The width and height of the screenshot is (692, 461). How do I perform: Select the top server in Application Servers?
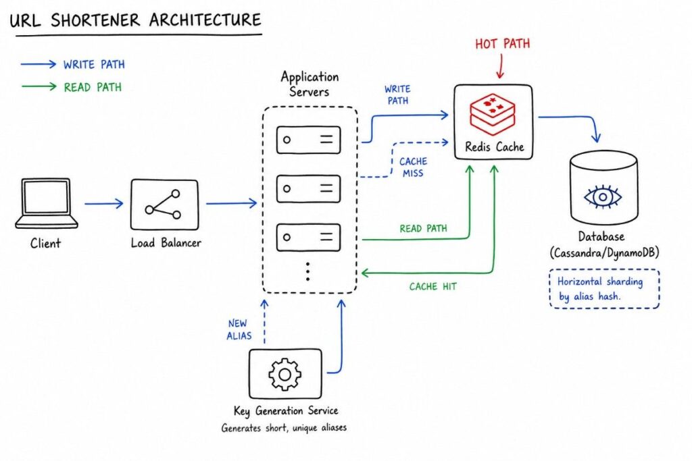click(x=308, y=140)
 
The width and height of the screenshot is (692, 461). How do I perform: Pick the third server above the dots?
click(x=308, y=238)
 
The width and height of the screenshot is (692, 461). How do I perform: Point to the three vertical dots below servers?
click(x=308, y=270)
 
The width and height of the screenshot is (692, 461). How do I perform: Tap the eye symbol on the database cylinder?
click(x=603, y=196)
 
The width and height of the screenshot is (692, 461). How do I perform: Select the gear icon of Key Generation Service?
click(x=285, y=373)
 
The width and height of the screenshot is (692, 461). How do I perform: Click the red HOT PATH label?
click(x=502, y=45)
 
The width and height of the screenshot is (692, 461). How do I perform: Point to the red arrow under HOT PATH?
click(x=501, y=67)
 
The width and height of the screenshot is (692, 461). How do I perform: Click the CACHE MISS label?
click(x=413, y=167)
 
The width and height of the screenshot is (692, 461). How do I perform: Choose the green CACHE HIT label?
click(x=432, y=287)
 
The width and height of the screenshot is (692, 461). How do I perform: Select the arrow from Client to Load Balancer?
click(x=104, y=203)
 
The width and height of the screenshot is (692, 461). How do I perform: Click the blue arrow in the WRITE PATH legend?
click(x=39, y=65)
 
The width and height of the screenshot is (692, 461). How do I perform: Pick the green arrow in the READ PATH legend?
click(x=39, y=87)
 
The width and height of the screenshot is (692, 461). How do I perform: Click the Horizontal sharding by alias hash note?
click(x=604, y=288)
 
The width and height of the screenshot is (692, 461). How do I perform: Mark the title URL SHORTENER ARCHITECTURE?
click(x=134, y=20)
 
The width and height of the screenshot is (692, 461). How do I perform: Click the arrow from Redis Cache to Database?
click(x=574, y=121)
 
